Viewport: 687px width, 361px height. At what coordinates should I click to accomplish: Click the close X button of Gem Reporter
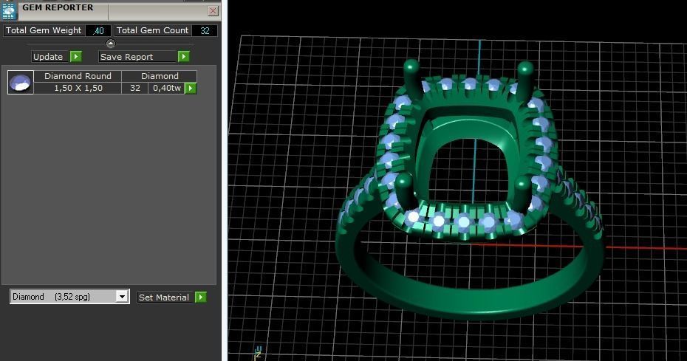[213, 10]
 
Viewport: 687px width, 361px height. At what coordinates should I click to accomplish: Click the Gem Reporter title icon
[10, 10]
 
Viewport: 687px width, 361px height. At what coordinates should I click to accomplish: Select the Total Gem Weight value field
[98, 30]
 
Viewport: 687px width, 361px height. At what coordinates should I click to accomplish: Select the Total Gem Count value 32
[205, 30]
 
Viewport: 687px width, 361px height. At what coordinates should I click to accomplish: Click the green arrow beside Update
[76, 57]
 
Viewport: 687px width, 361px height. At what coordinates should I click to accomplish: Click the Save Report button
[137, 57]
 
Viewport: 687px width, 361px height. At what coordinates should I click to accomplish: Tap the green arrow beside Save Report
[184, 57]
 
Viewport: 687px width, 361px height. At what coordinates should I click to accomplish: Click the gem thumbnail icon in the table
[21, 82]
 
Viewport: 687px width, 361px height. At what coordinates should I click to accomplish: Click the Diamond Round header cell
[78, 76]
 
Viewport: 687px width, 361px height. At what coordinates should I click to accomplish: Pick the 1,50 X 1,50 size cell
[78, 88]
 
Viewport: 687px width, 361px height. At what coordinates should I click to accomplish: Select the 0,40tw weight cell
[166, 88]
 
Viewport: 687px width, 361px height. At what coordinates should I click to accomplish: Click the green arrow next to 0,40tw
[191, 88]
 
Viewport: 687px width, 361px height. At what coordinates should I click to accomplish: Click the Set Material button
[164, 298]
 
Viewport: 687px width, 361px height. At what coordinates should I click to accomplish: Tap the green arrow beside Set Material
[200, 298]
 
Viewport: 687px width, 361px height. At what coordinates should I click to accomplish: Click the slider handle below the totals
[111, 44]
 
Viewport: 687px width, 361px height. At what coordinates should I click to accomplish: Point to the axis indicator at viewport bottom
[258, 351]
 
